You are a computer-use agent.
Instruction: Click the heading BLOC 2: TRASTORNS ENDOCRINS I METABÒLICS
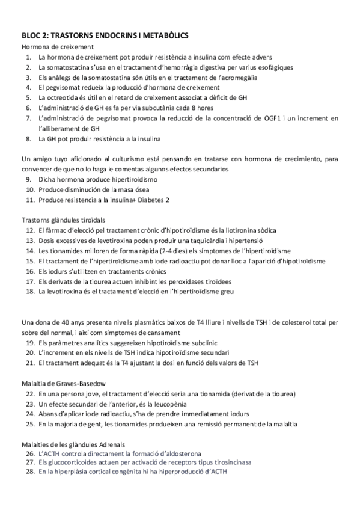pyautogui.click(x=105, y=36)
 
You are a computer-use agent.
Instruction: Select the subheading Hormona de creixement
pyautogui.click(x=57, y=46)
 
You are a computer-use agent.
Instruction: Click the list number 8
pyautogui.click(x=29, y=139)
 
